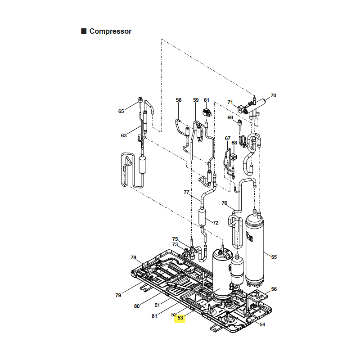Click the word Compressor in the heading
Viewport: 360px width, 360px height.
pos(110,31)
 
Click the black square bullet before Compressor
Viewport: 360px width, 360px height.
pos(84,31)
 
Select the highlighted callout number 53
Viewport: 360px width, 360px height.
pos(180,318)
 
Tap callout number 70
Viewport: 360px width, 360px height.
pos(273,95)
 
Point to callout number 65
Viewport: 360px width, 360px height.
pos(121,111)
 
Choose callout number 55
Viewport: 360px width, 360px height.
pos(274,257)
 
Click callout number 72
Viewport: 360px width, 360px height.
pos(216,223)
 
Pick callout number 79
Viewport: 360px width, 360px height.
pos(118,295)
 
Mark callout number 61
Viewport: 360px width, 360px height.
pos(207,100)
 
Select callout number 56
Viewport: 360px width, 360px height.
pos(274,289)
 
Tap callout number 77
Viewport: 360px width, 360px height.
pos(186,192)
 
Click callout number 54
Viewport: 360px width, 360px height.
pos(262,324)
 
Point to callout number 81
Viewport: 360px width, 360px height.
pos(154,316)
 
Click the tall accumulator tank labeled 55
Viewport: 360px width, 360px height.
pos(255,249)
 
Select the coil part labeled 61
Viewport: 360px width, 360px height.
pos(207,112)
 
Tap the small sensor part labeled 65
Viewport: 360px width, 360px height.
pos(140,101)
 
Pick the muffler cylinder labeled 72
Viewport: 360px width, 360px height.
pos(202,217)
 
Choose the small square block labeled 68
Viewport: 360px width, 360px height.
pos(233,157)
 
